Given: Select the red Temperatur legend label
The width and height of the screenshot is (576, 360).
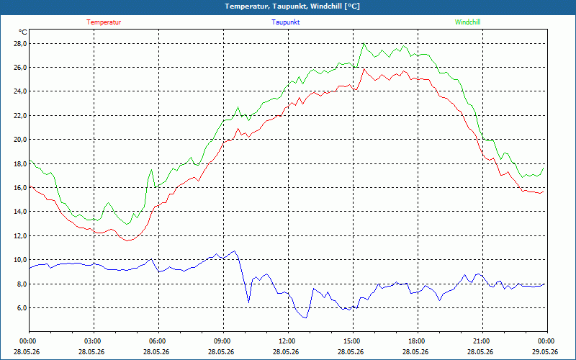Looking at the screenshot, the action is pos(104,22).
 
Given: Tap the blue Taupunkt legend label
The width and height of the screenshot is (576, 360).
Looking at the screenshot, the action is pos(285,22).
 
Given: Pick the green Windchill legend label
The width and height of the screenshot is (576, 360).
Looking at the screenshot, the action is pos(467,22).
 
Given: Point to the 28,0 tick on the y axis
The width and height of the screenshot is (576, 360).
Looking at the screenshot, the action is pos(21,44).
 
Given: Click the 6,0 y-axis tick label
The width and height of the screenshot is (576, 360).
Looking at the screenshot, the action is pos(22,308).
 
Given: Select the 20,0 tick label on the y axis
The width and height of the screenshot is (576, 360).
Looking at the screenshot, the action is pos(21,140).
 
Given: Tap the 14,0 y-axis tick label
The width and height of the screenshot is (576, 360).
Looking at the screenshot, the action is pos(21,211).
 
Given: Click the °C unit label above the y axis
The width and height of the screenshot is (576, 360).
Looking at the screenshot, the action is pos(23,32).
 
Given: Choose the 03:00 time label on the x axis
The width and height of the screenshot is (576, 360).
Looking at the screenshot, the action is pos(94,341).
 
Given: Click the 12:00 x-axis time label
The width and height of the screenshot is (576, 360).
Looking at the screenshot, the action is pos(288,341).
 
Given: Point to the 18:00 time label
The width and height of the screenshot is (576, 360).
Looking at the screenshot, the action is pos(418,341).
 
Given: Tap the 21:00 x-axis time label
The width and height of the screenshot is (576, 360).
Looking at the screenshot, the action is pos(482,341).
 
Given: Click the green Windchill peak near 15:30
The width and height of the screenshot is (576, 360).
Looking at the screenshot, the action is pos(364,43).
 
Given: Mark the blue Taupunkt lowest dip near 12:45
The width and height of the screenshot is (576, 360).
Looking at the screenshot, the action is pos(305,318).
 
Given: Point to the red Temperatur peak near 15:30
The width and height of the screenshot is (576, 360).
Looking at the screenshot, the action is pos(364,68).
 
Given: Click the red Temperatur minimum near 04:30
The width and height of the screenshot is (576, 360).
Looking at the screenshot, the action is pos(127,240).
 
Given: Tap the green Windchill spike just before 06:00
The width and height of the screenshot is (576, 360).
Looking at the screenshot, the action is pos(151,170).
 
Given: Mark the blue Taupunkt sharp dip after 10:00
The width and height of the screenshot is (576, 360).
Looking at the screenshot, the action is pos(248,302).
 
